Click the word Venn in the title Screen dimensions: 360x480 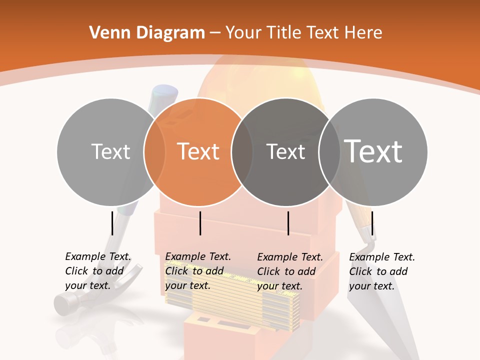coord(108,33)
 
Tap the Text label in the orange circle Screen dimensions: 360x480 coord(198,151)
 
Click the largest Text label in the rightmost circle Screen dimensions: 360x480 coord(373,151)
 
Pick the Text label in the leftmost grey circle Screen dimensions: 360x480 coord(111,151)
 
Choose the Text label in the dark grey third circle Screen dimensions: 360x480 coord(285,151)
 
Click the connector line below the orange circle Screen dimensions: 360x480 coord(200,223)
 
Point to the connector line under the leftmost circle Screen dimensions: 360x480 coord(112,223)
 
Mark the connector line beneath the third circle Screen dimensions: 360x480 coord(288,223)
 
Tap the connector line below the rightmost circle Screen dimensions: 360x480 coord(372,223)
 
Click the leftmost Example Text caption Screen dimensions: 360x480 coord(98,271)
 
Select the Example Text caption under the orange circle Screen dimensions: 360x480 coord(198,271)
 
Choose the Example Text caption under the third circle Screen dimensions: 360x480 coord(290,271)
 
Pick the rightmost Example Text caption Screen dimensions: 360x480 coord(382,271)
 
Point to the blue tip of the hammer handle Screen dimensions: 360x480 coord(165,93)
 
